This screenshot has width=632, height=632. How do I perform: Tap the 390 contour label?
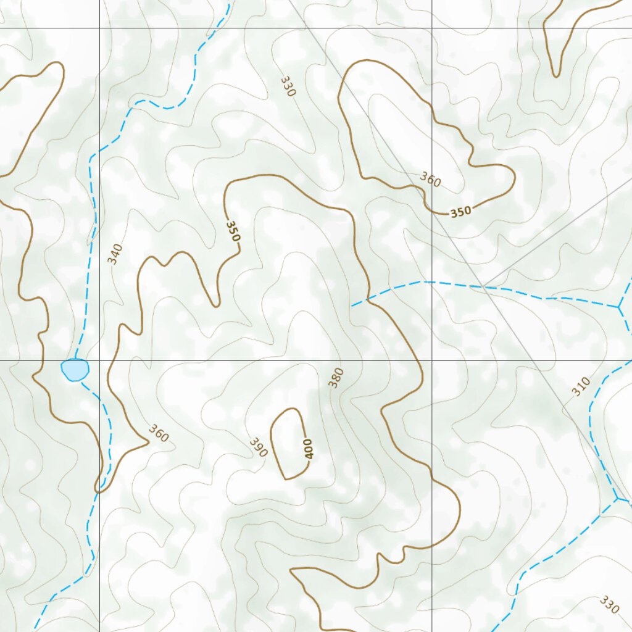[259, 447]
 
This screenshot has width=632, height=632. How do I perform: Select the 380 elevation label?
[336, 378]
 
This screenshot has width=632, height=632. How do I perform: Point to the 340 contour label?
[115, 254]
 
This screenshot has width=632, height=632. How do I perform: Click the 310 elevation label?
[580, 387]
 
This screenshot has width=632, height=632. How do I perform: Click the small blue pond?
[75, 369]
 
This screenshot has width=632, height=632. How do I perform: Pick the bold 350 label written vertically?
[233, 231]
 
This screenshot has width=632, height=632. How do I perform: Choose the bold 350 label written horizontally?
[460, 212]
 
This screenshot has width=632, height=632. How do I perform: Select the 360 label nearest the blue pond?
[158, 434]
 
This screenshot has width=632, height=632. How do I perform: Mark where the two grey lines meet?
[484, 286]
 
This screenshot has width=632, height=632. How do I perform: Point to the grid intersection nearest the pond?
[100, 360]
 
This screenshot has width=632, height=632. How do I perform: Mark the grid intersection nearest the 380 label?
[431, 360]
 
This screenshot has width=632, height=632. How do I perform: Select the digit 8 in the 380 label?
[336, 378]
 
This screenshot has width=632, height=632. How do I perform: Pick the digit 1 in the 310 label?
[580, 387]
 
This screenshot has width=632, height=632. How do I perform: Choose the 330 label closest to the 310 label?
[609, 604]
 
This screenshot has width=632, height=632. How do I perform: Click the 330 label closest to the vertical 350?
[288, 86]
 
